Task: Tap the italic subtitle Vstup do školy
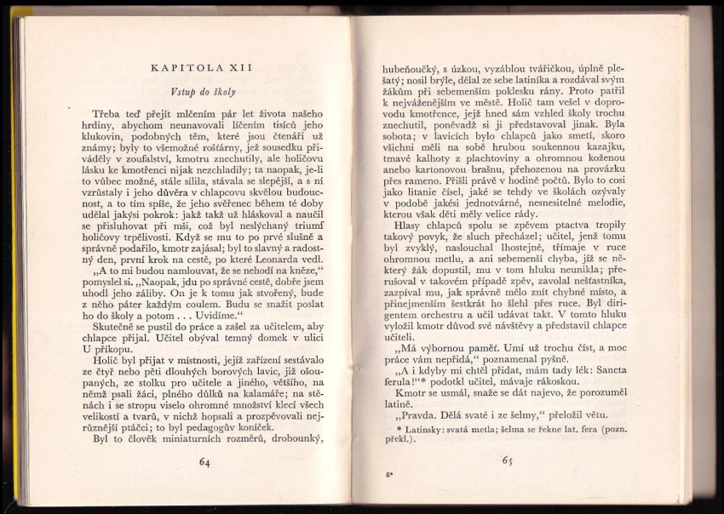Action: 203,91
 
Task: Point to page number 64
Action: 204,462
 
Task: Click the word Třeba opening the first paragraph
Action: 108,113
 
